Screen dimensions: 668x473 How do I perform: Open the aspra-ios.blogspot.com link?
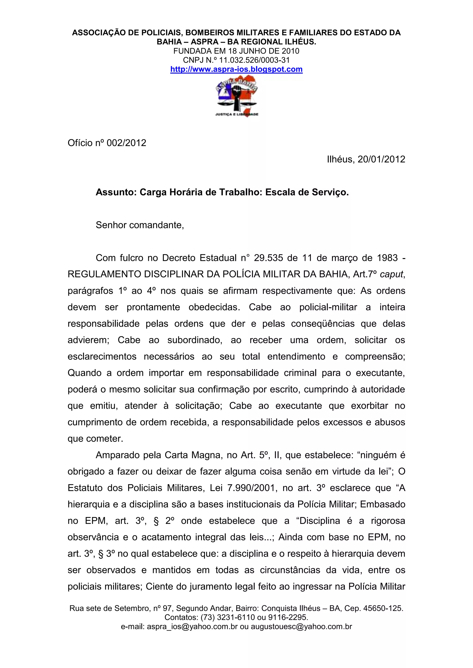(236, 69)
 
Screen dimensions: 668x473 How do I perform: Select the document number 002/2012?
(126, 143)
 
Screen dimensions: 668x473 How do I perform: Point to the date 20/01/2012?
(381, 159)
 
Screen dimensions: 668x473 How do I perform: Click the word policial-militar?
(328, 307)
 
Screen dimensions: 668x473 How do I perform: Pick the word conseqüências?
(323, 324)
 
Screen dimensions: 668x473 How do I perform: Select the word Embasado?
(382, 504)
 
